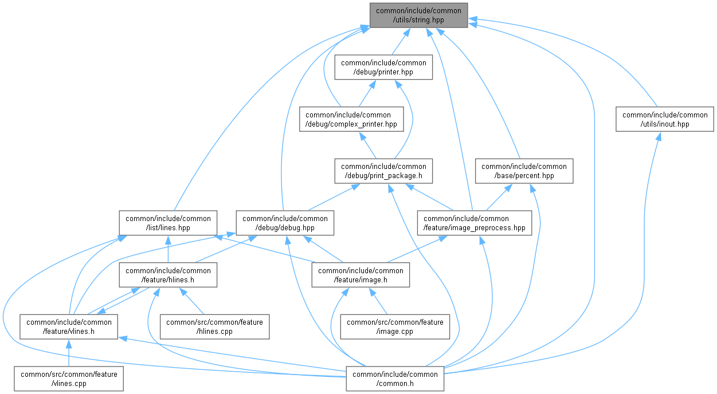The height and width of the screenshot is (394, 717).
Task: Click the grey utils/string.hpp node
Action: (418, 15)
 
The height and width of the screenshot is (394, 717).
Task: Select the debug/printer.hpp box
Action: (383, 68)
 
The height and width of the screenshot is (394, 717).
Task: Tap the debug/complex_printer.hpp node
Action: (348, 119)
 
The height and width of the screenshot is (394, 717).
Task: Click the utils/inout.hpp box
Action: (665, 119)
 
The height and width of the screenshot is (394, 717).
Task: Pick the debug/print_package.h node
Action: (383, 171)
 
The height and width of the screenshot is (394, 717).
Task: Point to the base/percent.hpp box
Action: (524, 171)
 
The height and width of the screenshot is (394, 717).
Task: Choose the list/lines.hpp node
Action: (168, 223)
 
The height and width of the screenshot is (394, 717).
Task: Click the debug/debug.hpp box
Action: (285, 223)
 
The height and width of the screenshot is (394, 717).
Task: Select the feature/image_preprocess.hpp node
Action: (474, 223)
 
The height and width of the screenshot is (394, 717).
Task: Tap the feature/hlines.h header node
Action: (168, 275)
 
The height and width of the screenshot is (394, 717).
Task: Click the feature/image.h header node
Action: (361, 275)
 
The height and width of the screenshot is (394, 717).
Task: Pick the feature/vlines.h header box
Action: (69, 326)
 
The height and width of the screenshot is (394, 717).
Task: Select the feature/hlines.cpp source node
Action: (214, 326)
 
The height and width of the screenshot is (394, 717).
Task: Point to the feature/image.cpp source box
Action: (395, 326)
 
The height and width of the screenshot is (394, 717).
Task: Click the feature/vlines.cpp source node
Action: (69, 379)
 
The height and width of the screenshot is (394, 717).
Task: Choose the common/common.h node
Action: (395, 379)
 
